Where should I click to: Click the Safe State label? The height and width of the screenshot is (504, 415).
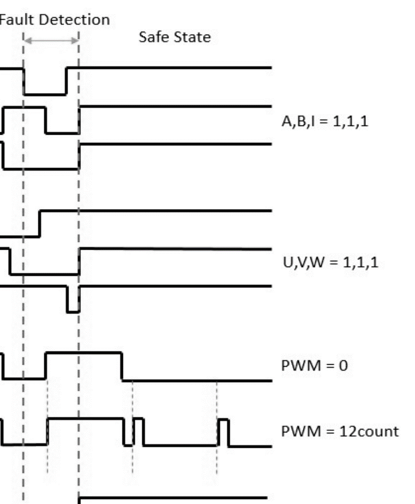click(x=175, y=37)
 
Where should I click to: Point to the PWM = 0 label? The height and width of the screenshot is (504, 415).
click(x=314, y=366)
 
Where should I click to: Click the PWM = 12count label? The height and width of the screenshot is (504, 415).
click(x=340, y=431)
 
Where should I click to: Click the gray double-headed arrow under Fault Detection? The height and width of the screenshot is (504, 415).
click(x=51, y=41)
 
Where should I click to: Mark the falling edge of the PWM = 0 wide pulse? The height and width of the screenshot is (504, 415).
click(x=122, y=366)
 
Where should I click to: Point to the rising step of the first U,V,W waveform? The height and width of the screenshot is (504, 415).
click(x=40, y=224)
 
